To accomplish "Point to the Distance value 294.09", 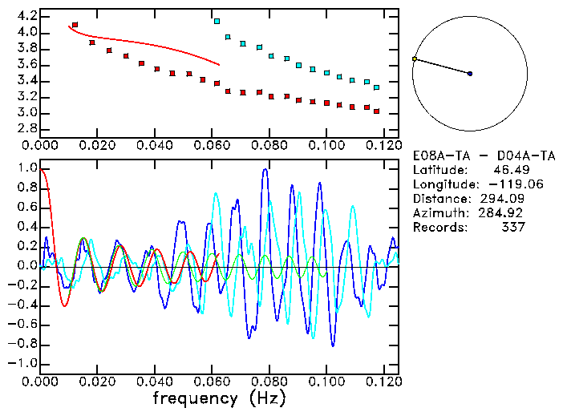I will click(x=507, y=198).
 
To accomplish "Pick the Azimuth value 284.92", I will click(x=507, y=212).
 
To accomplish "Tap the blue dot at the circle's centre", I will click(x=470, y=74).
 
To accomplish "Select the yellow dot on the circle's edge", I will click(x=414, y=59).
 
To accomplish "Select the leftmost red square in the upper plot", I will click(x=75, y=25).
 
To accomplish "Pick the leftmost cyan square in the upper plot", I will click(x=217, y=21).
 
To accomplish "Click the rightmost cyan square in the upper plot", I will click(x=376, y=87).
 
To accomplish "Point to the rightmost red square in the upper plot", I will click(x=376, y=111).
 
